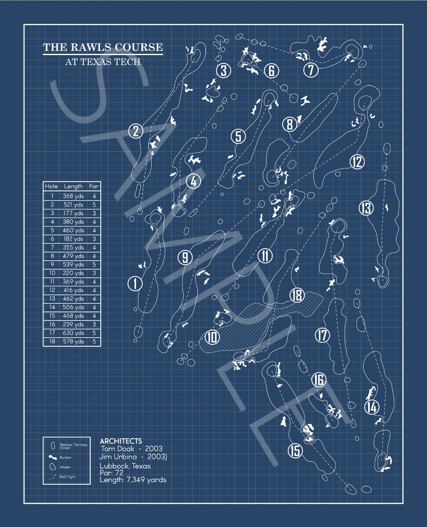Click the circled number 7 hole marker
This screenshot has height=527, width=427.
click(311, 70)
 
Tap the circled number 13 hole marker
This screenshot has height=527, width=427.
click(366, 208)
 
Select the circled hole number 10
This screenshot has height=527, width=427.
click(212, 337)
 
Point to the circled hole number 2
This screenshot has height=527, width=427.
click(136, 131)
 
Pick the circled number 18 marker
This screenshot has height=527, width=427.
click(297, 295)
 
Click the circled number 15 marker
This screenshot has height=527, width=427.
click(295, 450)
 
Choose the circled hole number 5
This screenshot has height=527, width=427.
click(238, 136)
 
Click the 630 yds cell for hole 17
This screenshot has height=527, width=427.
click(73, 333)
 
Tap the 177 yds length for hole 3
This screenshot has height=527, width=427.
click(73, 213)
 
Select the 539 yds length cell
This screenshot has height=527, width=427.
click(73, 265)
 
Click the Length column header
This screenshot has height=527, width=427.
click(73, 186)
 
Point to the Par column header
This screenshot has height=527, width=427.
click(94, 186)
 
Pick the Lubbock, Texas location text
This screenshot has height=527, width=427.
click(125, 466)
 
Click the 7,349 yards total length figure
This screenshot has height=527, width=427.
click(146, 480)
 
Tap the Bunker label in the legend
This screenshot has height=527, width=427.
click(65, 457)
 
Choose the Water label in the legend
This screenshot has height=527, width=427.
click(65, 467)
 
